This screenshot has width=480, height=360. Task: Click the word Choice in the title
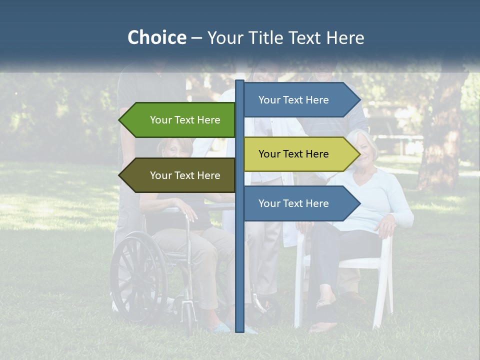156,37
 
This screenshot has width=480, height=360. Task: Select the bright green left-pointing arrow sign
180,120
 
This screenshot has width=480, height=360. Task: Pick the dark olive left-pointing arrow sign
180,175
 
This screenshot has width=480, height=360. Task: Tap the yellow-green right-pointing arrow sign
297,154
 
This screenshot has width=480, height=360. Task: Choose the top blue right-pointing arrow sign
297,100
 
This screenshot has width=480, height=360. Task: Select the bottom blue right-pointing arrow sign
297,203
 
